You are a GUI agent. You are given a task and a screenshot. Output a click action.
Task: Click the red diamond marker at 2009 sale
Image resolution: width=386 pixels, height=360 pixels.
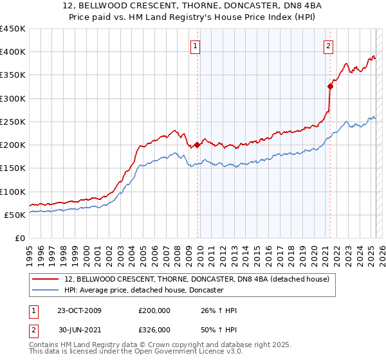(197, 145)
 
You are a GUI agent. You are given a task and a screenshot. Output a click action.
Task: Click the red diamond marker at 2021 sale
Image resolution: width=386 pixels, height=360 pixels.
(330, 87)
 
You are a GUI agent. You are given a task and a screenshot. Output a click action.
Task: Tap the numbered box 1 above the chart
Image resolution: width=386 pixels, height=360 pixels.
(194, 45)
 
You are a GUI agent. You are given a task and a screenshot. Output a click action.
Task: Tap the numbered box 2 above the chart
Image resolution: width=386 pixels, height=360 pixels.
(328, 45)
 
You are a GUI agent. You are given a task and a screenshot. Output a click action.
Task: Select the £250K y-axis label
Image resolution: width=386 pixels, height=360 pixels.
(13, 122)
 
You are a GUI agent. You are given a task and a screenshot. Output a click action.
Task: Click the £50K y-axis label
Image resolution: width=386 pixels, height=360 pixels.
(15, 215)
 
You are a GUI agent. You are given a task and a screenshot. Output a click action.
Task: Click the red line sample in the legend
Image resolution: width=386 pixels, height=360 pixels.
(46, 279)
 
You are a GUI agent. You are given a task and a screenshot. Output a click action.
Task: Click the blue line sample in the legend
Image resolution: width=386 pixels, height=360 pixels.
(46, 291)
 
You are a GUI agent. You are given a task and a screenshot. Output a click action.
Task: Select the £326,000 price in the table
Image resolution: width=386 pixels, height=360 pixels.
(154, 330)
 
